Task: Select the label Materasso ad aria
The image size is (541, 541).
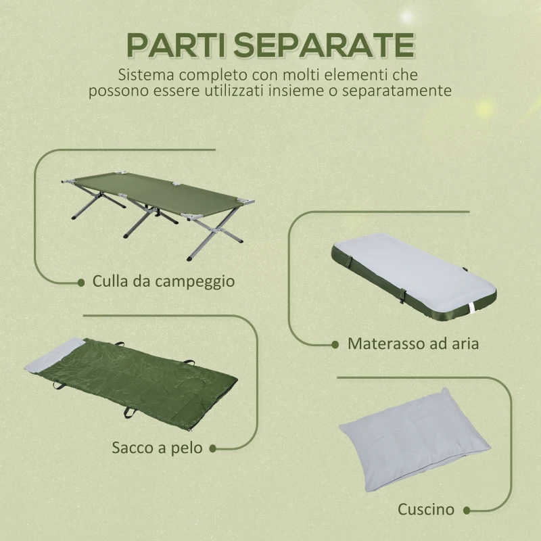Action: click(x=413, y=344)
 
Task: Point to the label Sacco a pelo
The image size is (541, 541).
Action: click(x=158, y=448)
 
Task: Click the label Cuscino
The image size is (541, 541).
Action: click(x=426, y=509)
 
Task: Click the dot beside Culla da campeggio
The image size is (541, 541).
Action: click(x=81, y=281)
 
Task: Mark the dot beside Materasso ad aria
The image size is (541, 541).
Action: click(x=335, y=344)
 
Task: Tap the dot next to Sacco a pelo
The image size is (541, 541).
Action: click(x=212, y=448)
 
